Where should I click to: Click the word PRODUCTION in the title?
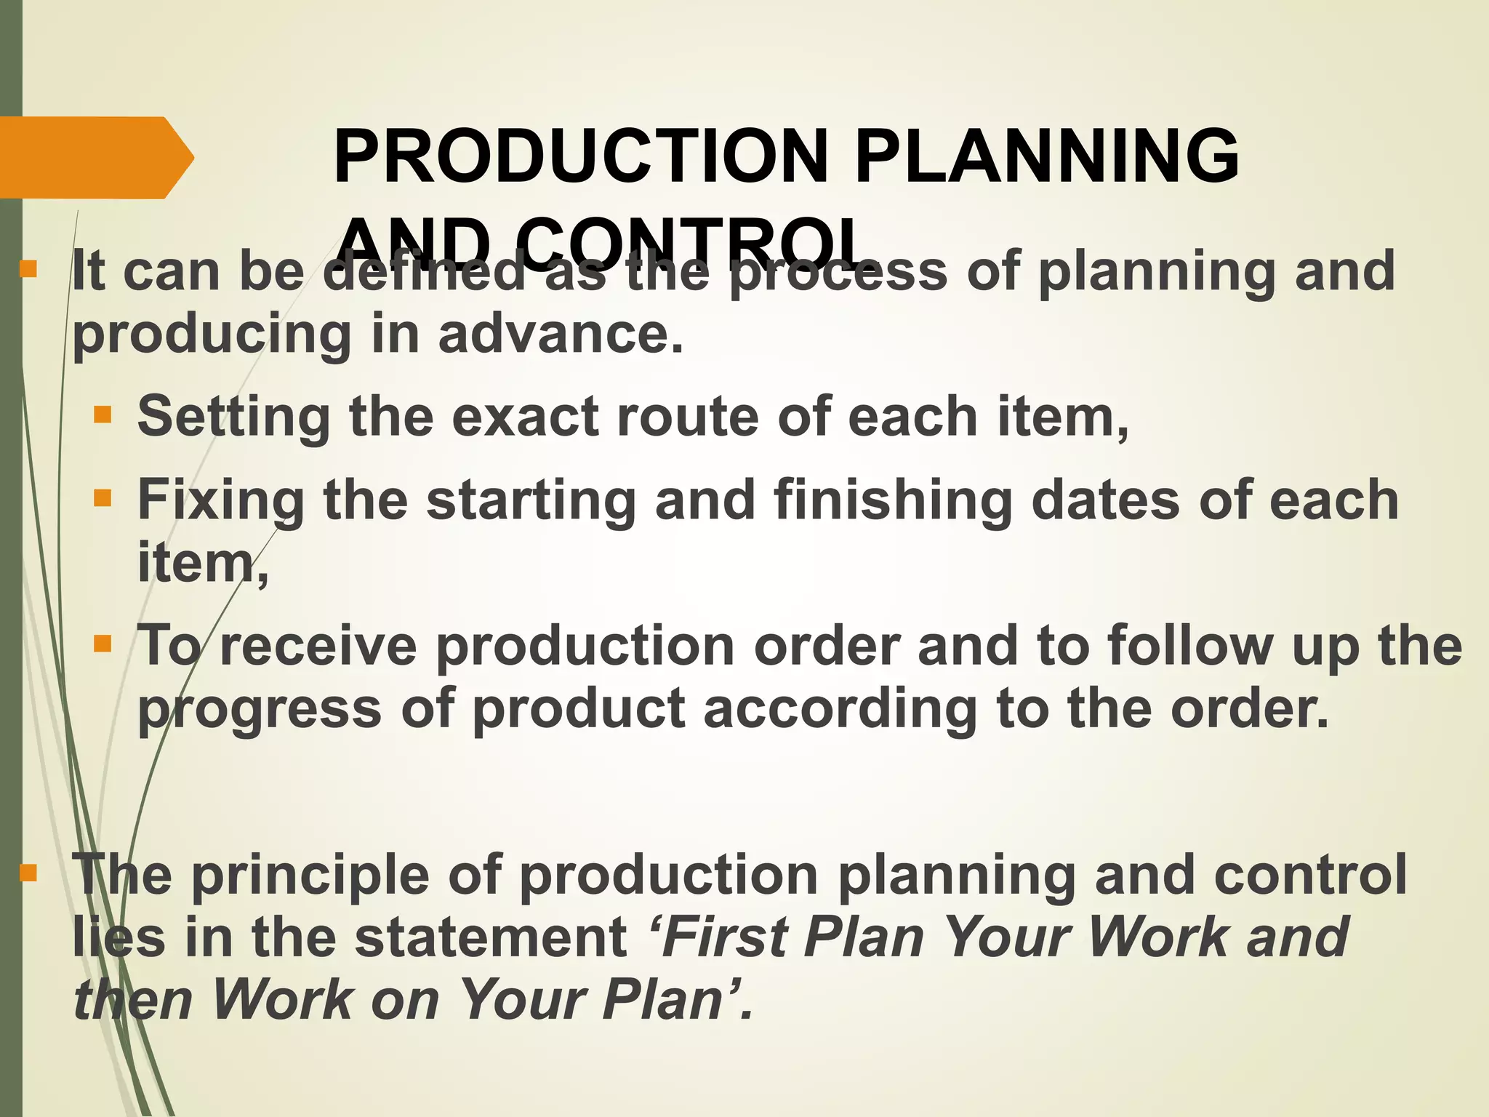point(581,156)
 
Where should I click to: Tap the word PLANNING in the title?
point(1046,156)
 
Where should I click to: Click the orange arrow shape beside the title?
point(95,157)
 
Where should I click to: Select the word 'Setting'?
point(233,417)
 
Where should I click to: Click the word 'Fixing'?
point(221,501)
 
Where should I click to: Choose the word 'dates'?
point(1105,500)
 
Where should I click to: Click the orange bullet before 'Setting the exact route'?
point(103,415)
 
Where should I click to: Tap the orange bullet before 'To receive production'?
point(103,644)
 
